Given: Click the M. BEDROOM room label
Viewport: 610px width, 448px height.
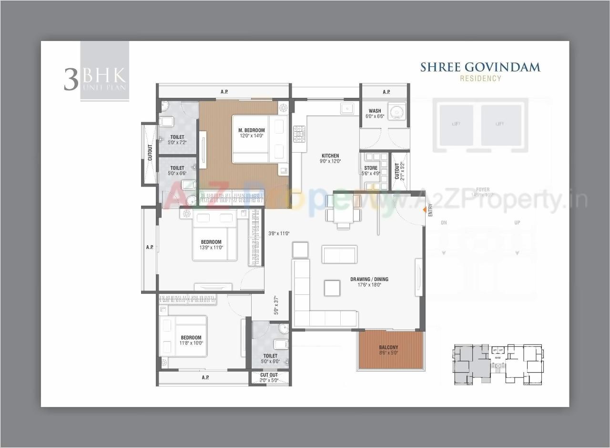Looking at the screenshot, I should (252, 130).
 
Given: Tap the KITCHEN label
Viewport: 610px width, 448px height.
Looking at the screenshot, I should (330, 156).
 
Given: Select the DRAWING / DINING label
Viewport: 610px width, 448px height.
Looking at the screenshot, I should (369, 279).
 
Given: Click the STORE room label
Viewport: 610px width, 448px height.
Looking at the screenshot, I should (371, 168).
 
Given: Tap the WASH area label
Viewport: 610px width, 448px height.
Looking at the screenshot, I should (375, 111).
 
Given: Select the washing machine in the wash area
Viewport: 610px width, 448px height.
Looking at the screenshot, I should (396, 112).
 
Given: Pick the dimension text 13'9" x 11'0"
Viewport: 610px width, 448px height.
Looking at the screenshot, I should (211, 248).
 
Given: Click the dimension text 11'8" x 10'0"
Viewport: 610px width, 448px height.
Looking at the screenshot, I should (191, 343).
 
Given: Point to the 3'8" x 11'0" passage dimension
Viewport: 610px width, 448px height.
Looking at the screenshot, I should (279, 233).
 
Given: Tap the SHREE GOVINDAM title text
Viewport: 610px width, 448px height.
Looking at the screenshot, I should (480, 67).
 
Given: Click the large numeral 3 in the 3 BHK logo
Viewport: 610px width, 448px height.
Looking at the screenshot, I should (71, 80).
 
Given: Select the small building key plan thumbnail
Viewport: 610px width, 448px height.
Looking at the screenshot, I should (498, 364).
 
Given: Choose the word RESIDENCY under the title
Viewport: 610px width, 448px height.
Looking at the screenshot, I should (480, 78).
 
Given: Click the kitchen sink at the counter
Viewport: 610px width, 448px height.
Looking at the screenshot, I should (347, 108).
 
